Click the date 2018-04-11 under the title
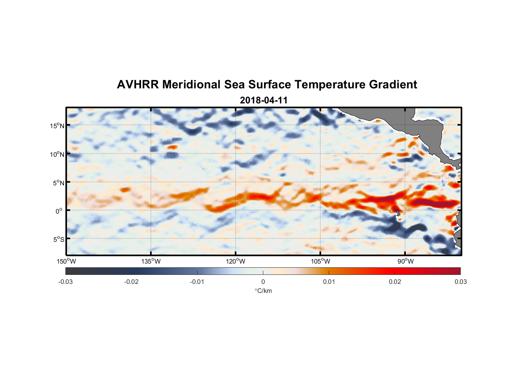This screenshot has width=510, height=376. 264,100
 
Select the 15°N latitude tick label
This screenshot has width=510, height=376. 57,126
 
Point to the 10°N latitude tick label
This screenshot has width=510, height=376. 57,154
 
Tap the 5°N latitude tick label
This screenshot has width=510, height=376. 58,183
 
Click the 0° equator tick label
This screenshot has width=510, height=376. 59,211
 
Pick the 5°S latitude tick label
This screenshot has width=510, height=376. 58,239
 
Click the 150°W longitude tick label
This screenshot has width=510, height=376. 66,261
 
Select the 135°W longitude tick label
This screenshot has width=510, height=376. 151,261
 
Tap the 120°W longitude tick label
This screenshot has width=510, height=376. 235,261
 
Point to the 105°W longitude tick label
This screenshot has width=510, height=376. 320,261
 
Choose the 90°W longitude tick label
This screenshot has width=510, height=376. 405,261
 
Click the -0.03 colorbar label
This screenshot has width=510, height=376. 65,282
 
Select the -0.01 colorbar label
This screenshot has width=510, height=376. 197,282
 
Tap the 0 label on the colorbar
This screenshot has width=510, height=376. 263,282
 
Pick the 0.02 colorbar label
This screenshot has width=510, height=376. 395,282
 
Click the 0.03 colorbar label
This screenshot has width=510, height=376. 460,282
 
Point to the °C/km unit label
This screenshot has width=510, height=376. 263,291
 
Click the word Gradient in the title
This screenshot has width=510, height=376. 393,85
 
